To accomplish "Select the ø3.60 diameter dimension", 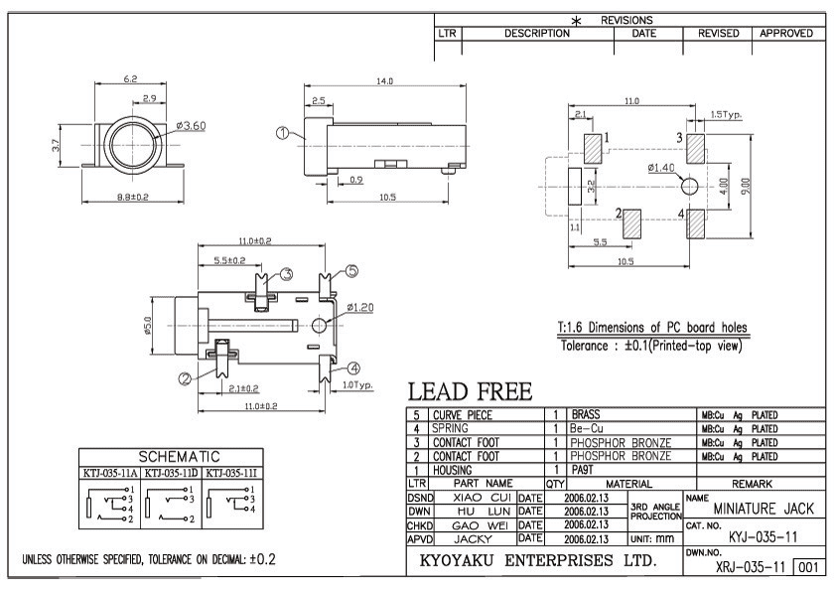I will click(x=190, y=125).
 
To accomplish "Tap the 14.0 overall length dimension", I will click(x=385, y=80).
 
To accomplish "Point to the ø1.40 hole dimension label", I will click(x=661, y=167).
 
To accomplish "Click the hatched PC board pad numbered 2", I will click(x=631, y=222).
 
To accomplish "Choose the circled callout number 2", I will click(x=185, y=377).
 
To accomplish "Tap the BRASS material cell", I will click(x=587, y=414).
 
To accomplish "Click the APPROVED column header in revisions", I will click(x=786, y=33).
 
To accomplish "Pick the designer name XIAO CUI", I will click(x=481, y=496).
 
